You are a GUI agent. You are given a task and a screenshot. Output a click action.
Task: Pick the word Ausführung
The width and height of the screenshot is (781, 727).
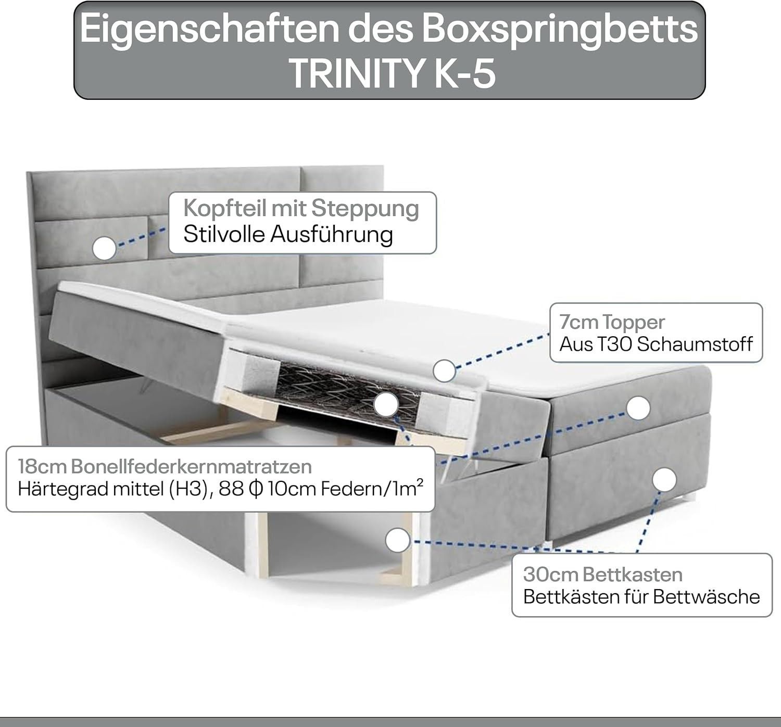point(332,235)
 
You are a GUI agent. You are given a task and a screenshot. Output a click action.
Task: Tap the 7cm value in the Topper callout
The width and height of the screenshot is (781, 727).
point(578,322)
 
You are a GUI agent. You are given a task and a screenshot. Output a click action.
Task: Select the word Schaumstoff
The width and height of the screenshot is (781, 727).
point(695,344)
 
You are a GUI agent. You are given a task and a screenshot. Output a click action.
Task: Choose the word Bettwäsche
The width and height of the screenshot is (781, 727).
point(707,597)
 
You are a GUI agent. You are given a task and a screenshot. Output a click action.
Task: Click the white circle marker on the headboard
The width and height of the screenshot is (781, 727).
point(104,249)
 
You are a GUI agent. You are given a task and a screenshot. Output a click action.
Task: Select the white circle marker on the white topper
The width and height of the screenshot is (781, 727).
point(444,371)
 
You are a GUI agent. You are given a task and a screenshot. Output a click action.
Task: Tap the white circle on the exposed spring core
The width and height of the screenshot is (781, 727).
point(386,405)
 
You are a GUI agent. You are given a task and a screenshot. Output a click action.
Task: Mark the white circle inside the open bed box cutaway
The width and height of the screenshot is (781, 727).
point(398,540)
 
